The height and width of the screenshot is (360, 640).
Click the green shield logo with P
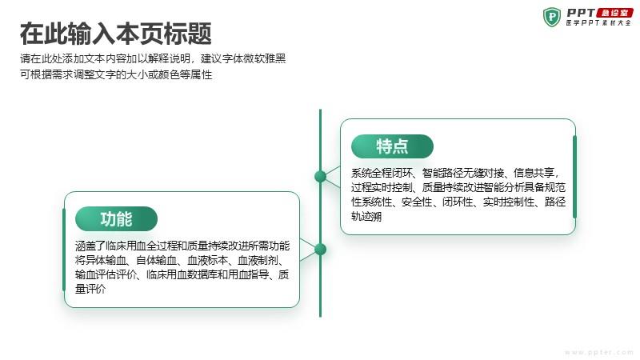pyautogui.click(x=552, y=17)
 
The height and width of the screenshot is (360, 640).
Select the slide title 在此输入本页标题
pyautogui.click(x=116, y=34)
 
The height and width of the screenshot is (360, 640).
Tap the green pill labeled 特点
pyautogui.click(x=392, y=146)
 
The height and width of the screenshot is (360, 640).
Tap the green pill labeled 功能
pyautogui.click(x=116, y=218)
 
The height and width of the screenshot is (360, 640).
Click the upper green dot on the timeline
pyautogui.click(x=321, y=176)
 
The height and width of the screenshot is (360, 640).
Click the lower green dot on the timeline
pyautogui.click(x=321, y=249)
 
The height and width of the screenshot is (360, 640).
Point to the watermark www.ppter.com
pyautogui.click(x=598, y=352)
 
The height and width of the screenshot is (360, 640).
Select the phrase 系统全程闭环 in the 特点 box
pyautogui.click(x=382, y=173)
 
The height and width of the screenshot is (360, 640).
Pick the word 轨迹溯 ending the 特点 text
pyautogui.click(x=366, y=216)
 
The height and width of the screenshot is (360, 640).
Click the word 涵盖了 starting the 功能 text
pyautogui.click(x=90, y=246)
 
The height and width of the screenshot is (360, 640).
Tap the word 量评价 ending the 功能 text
pyautogui.click(x=90, y=289)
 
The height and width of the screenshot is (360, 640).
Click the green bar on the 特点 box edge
pyautogui.click(x=574, y=177)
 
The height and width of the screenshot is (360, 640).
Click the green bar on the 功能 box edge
pyautogui.click(x=64, y=250)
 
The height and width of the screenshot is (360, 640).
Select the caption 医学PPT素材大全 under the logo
pyautogui.click(x=598, y=23)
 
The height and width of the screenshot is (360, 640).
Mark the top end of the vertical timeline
pyautogui.click(x=321, y=110)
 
